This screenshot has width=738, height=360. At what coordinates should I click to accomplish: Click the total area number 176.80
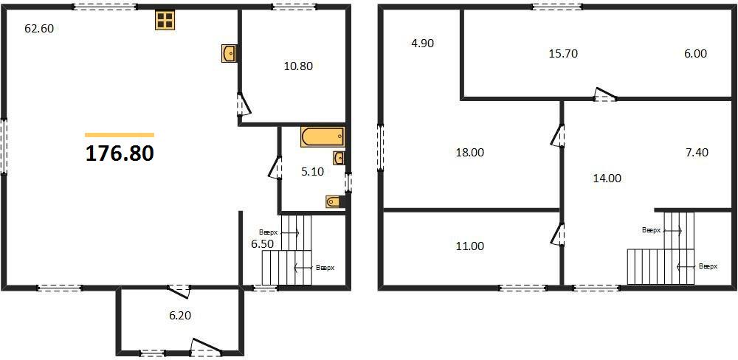point(120,153)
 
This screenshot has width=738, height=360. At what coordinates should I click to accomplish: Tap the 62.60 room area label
point(39,29)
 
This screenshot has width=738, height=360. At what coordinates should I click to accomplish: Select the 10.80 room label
point(298,66)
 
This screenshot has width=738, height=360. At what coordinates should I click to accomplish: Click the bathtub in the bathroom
point(323,137)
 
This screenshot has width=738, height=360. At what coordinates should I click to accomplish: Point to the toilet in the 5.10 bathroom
point(335,201)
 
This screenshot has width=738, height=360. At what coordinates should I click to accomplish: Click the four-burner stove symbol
point(165,20)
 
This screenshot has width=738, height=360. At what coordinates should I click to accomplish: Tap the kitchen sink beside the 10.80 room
point(229,53)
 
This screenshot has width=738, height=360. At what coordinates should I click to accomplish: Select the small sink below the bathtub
point(339,158)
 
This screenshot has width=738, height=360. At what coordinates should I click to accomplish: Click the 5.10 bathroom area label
point(312,172)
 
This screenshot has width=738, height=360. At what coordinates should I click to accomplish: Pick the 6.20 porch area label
point(180,316)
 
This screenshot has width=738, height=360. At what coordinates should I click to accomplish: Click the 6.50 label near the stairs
point(263,244)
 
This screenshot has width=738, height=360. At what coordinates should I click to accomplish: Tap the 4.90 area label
point(422,44)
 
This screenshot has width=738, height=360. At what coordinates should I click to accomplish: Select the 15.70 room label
point(563,54)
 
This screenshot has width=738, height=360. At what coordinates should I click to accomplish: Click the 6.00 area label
point(695,54)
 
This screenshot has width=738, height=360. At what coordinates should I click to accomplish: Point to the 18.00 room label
point(469,153)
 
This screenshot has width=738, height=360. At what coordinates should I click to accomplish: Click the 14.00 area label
point(607,179)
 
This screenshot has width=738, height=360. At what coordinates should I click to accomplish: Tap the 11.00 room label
point(470,246)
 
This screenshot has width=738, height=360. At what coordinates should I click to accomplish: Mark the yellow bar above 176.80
point(120,135)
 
